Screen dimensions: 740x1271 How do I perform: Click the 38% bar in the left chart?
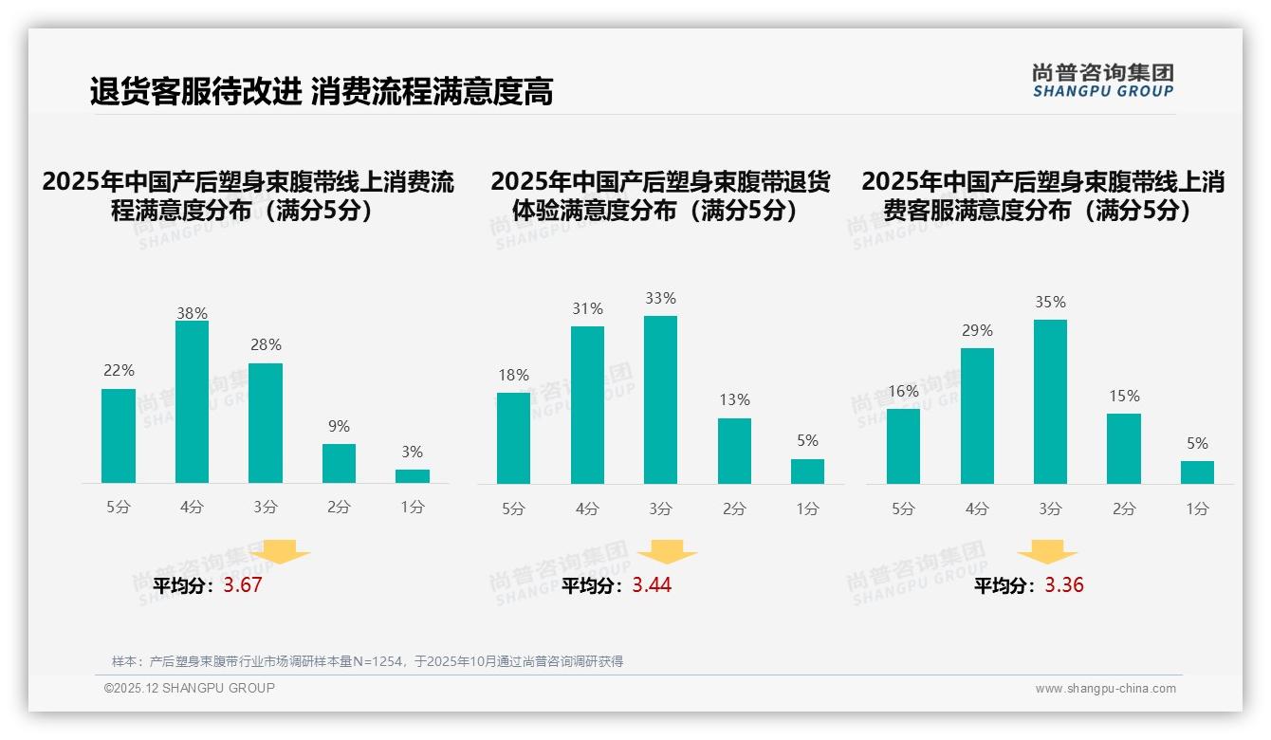pos(192,402)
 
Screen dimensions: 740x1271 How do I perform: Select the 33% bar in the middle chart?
pos(660,399)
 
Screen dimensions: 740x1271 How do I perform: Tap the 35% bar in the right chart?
pos(1050,401)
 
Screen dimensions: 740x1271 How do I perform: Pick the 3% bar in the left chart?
pos(413,476)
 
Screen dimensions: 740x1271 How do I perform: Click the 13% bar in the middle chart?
pos(734,451)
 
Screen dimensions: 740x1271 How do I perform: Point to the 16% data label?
pos(903,391)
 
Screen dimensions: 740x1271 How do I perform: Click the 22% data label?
pos(119,370)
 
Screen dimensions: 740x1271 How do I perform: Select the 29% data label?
pos(977,330)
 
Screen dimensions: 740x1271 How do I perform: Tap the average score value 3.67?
pos(243,585)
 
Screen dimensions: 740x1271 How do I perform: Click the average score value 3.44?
pos(652,585)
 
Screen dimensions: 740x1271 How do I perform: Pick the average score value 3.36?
pos(1064,585)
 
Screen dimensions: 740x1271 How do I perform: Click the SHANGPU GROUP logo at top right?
pos(1102,81)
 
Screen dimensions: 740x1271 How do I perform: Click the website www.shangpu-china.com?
pos(1105,689)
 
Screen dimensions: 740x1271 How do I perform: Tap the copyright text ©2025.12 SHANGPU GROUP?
pos(190,688)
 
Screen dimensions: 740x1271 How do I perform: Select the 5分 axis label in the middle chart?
pos(513,509)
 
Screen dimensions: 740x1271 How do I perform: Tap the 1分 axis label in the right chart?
pos(1197,509)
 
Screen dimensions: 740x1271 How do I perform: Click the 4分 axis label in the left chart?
pos(192,507)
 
